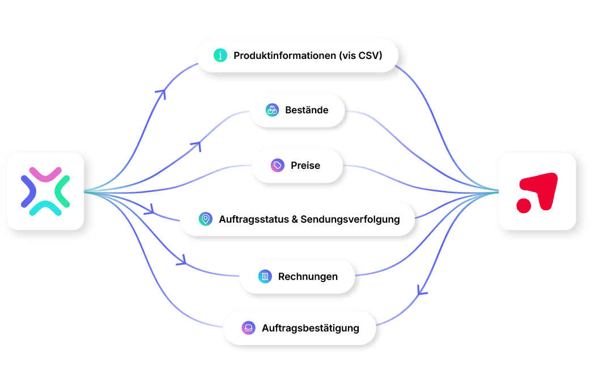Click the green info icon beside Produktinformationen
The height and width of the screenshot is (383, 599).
(220, 56)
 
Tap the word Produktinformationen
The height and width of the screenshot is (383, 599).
(284, 56)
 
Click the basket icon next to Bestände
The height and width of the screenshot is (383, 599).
(272, 110)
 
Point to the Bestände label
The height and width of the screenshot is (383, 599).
(307, 110)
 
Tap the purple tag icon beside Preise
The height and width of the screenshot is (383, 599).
(278, 165)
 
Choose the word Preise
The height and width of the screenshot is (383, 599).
(305, 165)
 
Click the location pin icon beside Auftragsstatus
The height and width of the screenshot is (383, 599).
(206, 219)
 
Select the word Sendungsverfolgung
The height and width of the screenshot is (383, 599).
(350, 220)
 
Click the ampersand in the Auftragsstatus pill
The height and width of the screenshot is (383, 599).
(295, 220)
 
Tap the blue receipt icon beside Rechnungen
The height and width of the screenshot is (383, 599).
(265, 276)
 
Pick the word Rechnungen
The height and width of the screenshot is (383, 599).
(308, 276)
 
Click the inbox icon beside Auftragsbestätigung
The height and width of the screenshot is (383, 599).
(249, 327)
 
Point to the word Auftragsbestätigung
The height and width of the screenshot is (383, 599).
(311, 328)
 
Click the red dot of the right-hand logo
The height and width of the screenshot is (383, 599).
(524, 206)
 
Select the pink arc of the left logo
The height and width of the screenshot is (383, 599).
(45, 175)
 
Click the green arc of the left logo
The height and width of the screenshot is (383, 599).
(61, 191)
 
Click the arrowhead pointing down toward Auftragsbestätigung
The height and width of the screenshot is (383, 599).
(421, 291)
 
